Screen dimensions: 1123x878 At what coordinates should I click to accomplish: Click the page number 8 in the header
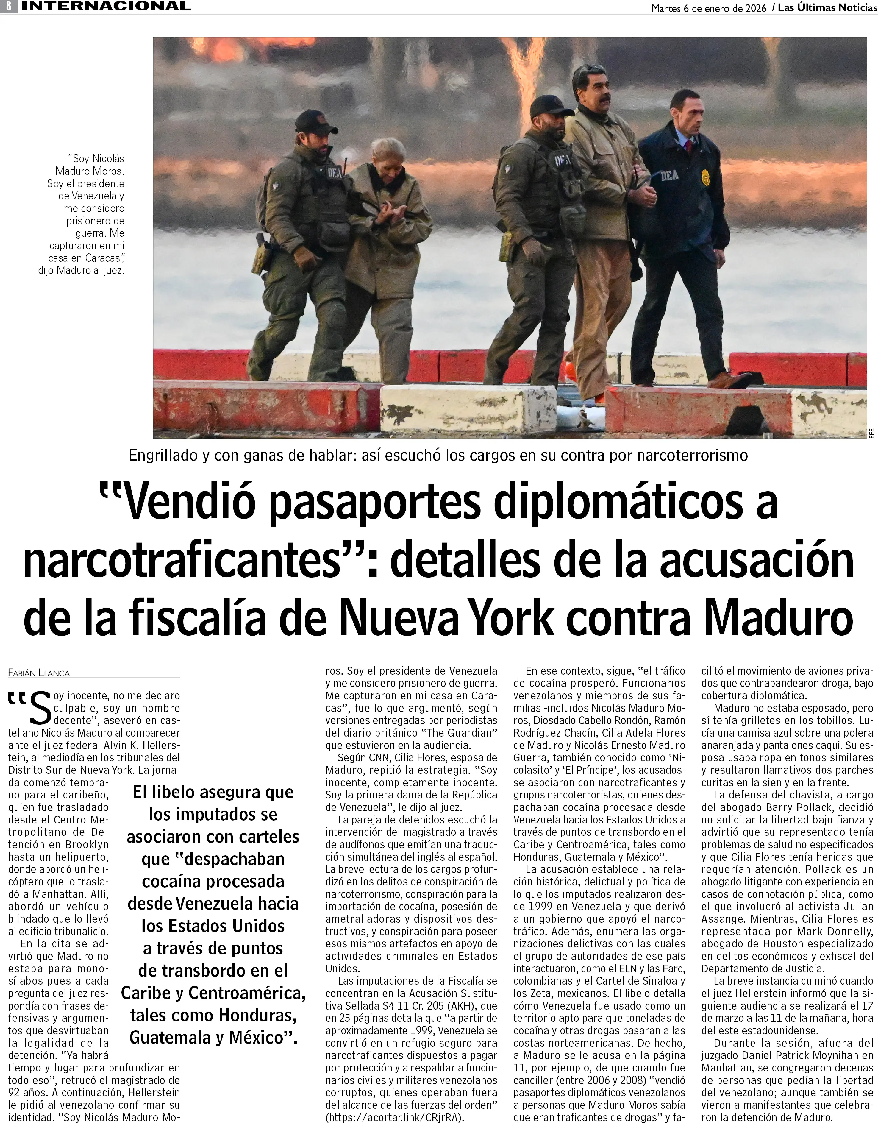9,7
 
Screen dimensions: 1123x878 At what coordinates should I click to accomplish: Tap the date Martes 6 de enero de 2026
708,8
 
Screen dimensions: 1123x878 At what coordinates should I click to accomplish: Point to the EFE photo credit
871,433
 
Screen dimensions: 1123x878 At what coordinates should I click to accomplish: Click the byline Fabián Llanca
39,673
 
